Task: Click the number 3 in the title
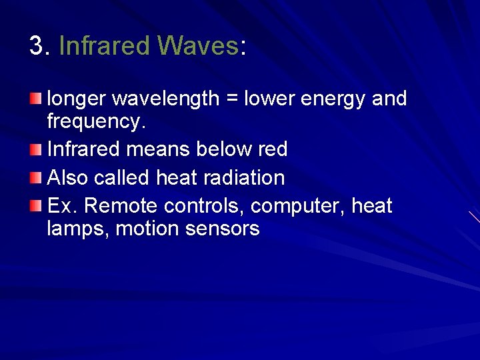click(x=37, y=46)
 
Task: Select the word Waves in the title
click(x=198, y=46)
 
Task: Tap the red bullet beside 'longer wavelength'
click(x=35, y=99)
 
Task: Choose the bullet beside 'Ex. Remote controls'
click(x=35, y=206)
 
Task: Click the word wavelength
click(x=165, y=99)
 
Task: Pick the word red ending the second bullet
click(x=273, y=149)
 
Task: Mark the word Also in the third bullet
click(x=68, y=178)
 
